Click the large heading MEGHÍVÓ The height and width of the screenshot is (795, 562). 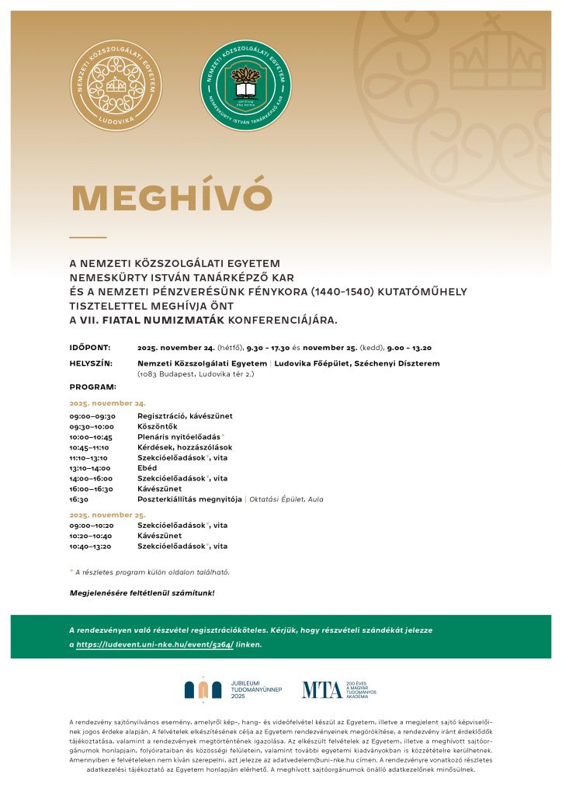[172, 198]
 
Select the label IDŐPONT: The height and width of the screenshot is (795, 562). [90, 348]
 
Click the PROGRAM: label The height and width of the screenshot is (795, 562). [92, 387]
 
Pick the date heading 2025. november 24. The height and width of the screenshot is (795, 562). [107, 404]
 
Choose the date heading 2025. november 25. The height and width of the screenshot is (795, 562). [107, 515]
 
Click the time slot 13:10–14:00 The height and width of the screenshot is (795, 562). [90, 468]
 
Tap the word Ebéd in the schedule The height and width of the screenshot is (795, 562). [147, 468]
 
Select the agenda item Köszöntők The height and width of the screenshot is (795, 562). [158, 426]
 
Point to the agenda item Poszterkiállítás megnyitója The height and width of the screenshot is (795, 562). [189, 499]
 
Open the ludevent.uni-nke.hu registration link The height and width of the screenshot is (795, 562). [154, 644]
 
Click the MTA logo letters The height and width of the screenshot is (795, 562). [321, 689]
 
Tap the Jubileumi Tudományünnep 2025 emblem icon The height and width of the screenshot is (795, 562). [203, 689]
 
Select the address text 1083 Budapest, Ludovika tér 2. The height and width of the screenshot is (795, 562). [196, 374]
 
